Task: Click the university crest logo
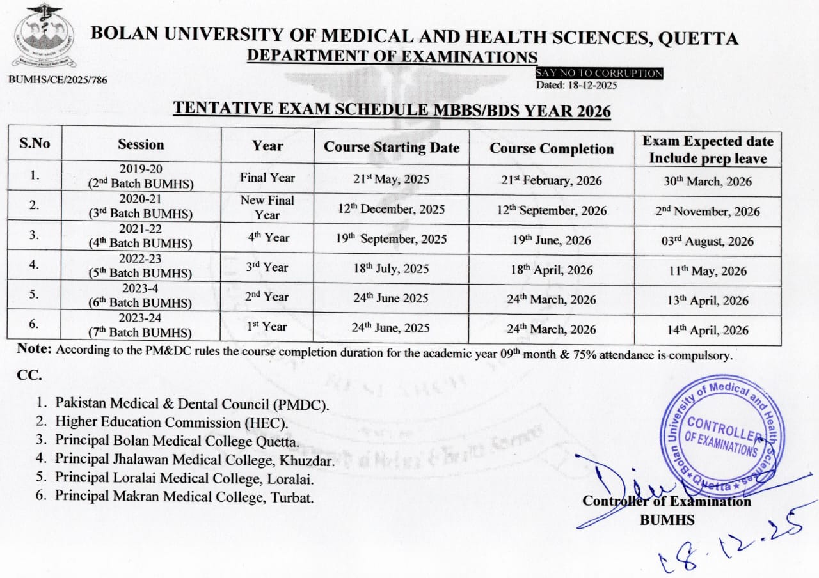click(x=43, y=36)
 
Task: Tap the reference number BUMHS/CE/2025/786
click(x=58, y=80)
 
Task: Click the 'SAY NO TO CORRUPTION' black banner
click(x=599, y=74)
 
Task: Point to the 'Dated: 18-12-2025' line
click(x=576, y=85)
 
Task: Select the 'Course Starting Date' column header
click(x=392, y=148)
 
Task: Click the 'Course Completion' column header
click(x=552, y=149)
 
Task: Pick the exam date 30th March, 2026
click(x=708, y=182)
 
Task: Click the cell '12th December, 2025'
click(x=392, y=210)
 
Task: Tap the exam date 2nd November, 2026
click(x=708, y=212)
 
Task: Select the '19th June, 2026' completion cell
click(x=551, y=241)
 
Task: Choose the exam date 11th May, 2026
click(x=708, y=271)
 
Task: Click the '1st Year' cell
click(x=267, y=327)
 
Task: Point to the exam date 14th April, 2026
click(x=708, y=331)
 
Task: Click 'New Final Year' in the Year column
click(x=267, y=207)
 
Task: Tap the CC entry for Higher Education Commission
click(x=171, y=423)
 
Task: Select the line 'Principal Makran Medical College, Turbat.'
click(x=184, y=496)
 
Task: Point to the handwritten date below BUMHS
click(x=729, y=540)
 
